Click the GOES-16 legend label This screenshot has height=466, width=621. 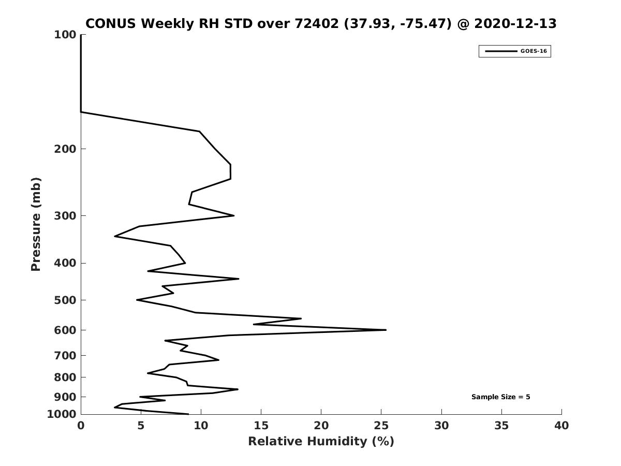pyautogui.click(x=534, y=51)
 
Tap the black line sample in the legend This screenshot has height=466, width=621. pyautogui.click(x=501, y=51)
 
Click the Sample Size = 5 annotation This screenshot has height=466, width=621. pyautogui.click(x=500, y=397)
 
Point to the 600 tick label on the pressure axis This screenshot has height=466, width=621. pyautogui.click(x=65, y=330)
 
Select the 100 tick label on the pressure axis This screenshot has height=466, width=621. pyautogui.click(x=65, y=35)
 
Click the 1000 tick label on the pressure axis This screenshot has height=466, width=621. pyautogui.click(x=62, y=414)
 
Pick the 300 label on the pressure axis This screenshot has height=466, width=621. pyautogui.click(x=65, y=215)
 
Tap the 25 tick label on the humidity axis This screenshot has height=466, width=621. pyautogui.click(x=381, y=426)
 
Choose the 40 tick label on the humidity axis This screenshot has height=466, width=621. pyautogui.click(x=561, y=426)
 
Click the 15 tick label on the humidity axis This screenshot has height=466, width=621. pyautogui.click(x=261, y=426)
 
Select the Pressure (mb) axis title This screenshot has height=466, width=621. pyautogui.click(x=36, y=224)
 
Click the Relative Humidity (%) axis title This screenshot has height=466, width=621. pyautogui.click(x=321, y=441)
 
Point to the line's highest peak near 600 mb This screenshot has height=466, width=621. pyautogui.click(x=386, y=330)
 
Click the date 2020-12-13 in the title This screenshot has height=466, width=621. pyautogui.click(x=515, y=23)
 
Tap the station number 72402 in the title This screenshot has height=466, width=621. pyautogui.click(x=317, y=23)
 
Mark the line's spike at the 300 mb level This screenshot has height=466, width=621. pyautogui.click(x=234, y=215)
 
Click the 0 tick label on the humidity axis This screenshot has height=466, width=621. pyautogui.click(x=81, y=426)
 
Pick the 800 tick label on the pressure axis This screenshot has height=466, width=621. pyautogui.click(x=65, y=377)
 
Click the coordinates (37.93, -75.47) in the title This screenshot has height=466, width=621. pyautogui.click(x=397, y=24)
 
